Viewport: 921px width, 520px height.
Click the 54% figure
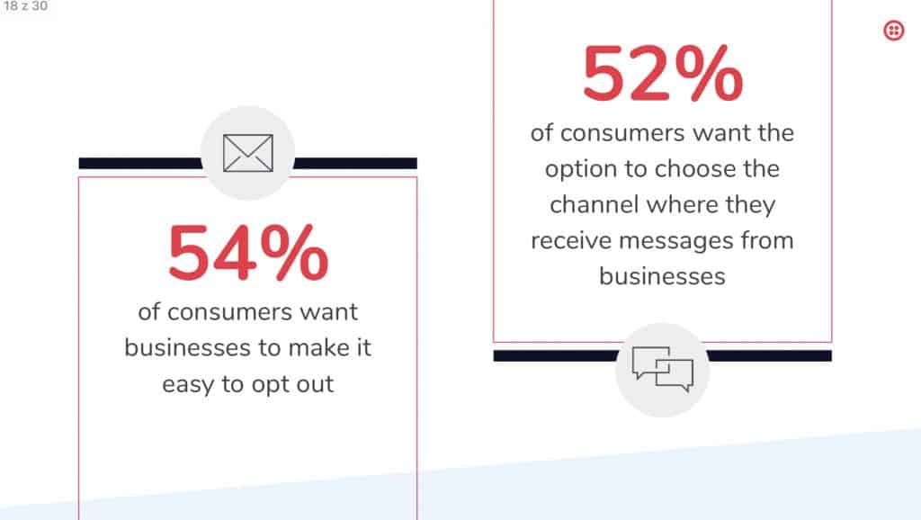coord(248,253)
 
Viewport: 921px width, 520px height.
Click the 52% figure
coord(663,74)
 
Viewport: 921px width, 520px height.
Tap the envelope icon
coord(248,153)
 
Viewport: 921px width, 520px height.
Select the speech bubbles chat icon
coord(663,370)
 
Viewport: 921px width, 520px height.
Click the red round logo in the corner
coord(893,30)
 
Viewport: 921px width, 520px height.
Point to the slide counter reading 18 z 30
coord(25,6)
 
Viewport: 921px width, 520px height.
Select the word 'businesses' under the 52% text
coord(663,276)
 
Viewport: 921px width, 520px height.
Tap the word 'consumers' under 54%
coord(229,312)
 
